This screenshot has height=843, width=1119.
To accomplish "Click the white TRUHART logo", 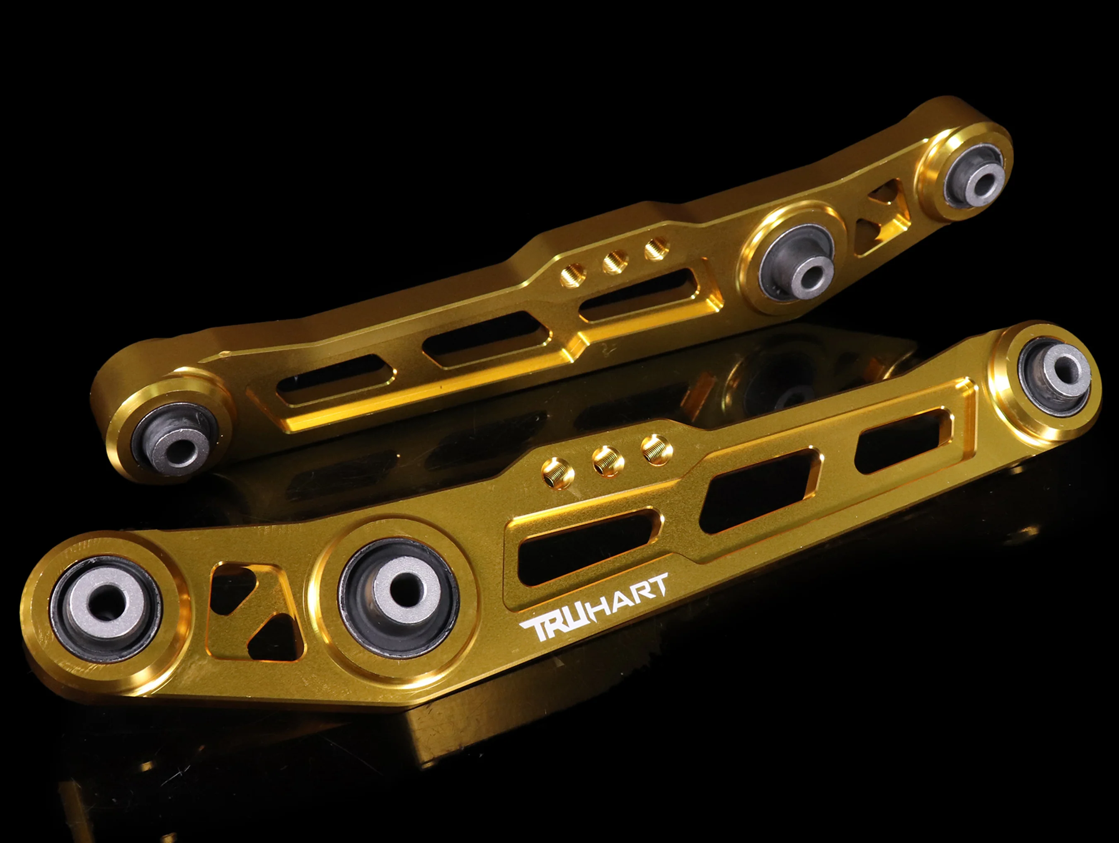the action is click(x=593, y=608).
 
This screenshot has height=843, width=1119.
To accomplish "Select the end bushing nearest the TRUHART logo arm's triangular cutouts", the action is click(x=106, y=609).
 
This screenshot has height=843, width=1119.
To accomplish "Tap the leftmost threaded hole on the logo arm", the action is click(x=558, y=474).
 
